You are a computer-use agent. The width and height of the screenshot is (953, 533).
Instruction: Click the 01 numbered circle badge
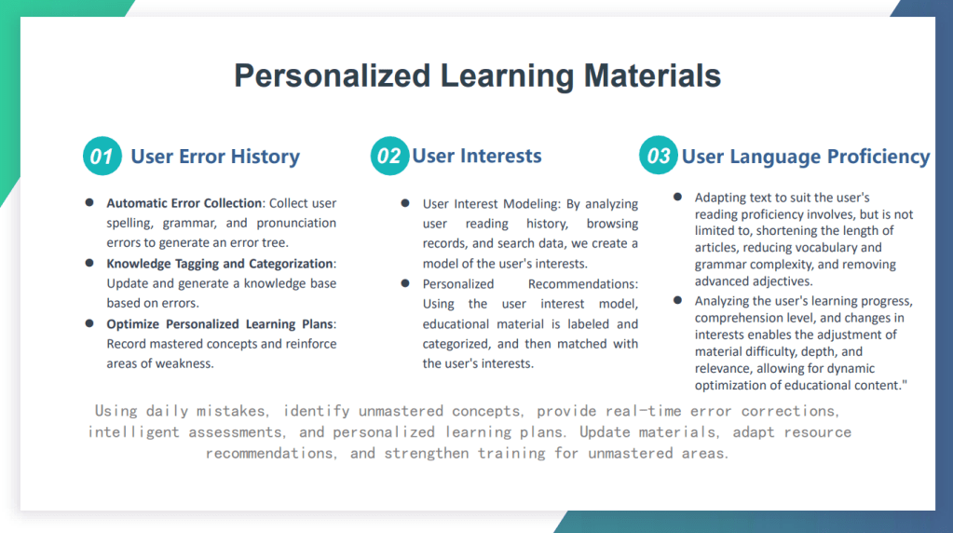(102, 157)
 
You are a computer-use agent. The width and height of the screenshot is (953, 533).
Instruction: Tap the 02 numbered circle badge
(389, 157)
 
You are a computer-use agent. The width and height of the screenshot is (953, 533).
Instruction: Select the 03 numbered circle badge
(659, 156)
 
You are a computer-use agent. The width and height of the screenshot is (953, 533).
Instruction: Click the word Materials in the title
(652, 76)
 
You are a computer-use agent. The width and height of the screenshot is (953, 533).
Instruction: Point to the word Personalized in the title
(333, 76)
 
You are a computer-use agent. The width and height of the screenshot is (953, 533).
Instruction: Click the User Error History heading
(215, 157)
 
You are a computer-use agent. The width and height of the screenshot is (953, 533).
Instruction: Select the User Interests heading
(477, 157)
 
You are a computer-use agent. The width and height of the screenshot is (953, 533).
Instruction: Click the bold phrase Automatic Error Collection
(184, 203)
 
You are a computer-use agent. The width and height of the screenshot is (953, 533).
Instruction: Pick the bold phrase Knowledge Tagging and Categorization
(220, 264)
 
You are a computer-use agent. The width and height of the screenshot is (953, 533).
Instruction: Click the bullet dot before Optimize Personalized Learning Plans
(89, 323)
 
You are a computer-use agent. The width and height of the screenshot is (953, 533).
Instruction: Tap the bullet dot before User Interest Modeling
(405, 203)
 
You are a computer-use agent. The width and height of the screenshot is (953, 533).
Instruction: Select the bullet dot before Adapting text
(677, 197)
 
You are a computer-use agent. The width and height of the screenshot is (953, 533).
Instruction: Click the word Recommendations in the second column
(581, 284)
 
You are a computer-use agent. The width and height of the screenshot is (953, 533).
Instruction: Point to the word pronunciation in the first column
(296, 223)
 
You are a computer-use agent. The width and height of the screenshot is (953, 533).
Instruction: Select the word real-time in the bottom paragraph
(643, 411)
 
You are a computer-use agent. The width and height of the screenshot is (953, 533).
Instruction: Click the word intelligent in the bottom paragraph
(134, 432)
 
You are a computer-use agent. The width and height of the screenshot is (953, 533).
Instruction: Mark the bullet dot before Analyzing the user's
(677, 300)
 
